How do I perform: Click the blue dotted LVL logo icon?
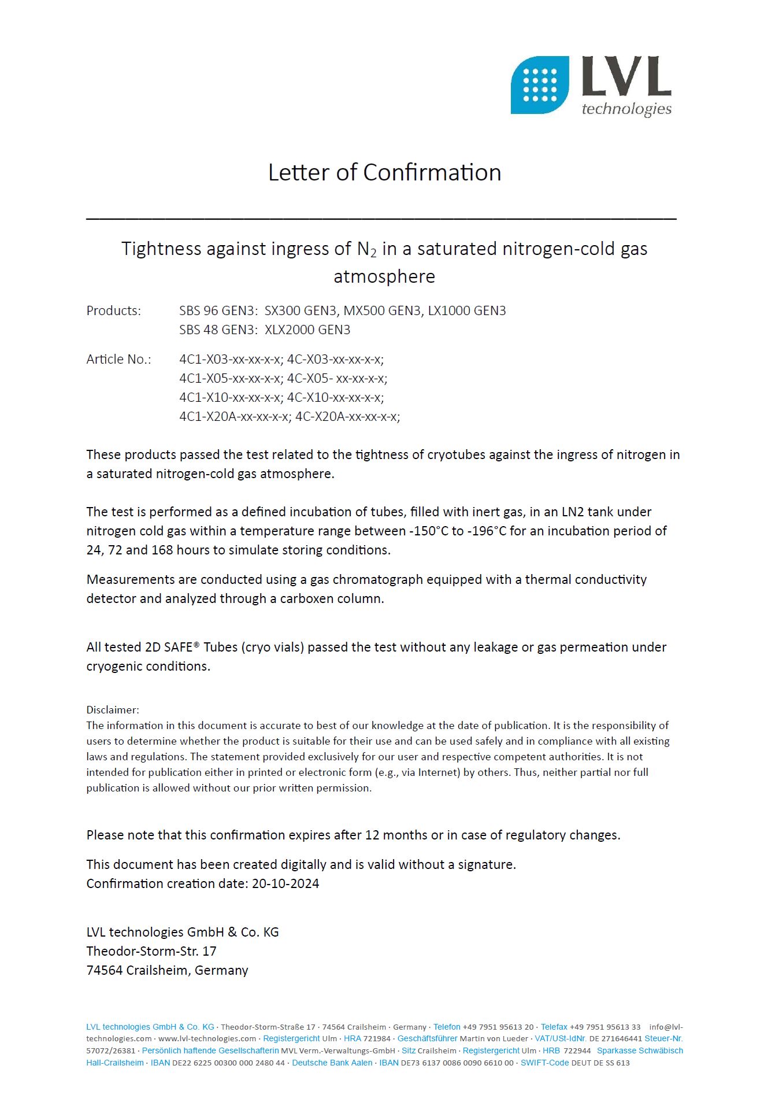click(539, 85)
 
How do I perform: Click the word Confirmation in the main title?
click(432, 172)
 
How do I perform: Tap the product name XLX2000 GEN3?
click(307, 330)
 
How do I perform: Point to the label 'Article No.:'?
click(118, 359)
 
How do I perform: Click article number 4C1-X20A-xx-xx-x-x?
click(235, 416)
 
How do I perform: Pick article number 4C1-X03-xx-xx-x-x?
click(231, 359)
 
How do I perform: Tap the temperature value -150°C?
click(429, 531)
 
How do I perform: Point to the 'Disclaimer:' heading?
click(113, 709)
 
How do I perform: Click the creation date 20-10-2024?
click(285, 883)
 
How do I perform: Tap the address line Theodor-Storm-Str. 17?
click(151, 951)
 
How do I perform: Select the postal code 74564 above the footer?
click(104, 970)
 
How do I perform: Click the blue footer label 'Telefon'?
click(447, 1027)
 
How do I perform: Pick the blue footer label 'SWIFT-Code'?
click(544, 1063)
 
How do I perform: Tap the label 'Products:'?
click(113, 310)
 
